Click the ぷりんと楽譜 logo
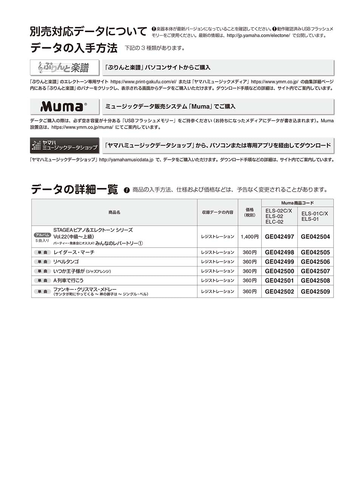click(64, 67)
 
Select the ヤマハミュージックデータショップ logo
click(64, 145)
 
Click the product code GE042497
click(279, 237)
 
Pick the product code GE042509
click(315, 292)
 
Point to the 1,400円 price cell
click(249, 237)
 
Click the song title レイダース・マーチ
click(74, 252)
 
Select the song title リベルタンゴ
click(66, 262)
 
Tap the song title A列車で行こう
click(68, 281)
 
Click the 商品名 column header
click(114, 213)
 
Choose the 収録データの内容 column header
click(217, 213)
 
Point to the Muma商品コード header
click(297, 203)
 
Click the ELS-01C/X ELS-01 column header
click(315, 216)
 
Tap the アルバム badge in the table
click(42, 235)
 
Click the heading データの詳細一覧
click(74, 189)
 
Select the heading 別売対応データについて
click(88, 31)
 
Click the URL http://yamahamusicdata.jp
click(126, 160)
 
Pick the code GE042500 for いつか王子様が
click(279, 271)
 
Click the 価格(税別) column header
click(249, 213)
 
